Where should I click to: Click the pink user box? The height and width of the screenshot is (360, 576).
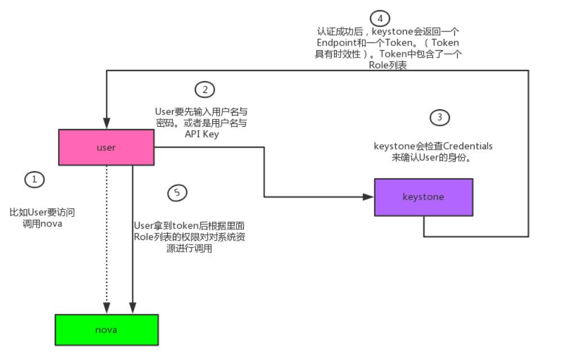[106, 148]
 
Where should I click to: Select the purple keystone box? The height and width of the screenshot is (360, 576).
[423, 197]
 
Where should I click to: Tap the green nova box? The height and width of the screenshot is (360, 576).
[106, 330]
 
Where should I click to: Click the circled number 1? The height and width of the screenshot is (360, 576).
[34, 180]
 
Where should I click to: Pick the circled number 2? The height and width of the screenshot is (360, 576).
[205, 89]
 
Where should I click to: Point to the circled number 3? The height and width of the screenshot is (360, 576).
[440, 118]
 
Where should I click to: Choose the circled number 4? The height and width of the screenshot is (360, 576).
[380, 19]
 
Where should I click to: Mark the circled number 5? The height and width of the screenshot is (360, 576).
[177, 193]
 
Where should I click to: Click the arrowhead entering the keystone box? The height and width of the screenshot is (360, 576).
[369, 197]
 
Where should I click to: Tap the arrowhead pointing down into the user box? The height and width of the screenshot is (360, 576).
[106, 124]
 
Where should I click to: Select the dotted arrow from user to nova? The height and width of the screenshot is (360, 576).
[106, 237]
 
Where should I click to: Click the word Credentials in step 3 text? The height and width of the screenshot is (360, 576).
[467, 146]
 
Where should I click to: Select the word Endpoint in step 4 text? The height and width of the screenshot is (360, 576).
[336, 43]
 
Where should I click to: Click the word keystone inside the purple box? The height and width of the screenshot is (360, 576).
[423, 197]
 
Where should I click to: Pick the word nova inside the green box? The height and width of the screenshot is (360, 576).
[106, 330]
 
